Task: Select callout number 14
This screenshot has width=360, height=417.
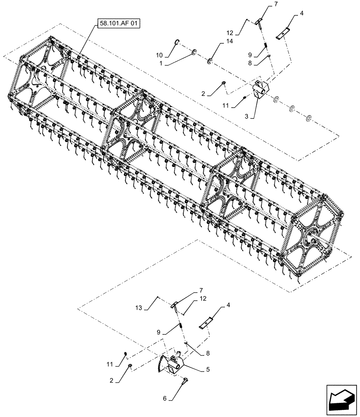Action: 230,42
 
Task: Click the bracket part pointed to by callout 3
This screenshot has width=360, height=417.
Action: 261,90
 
